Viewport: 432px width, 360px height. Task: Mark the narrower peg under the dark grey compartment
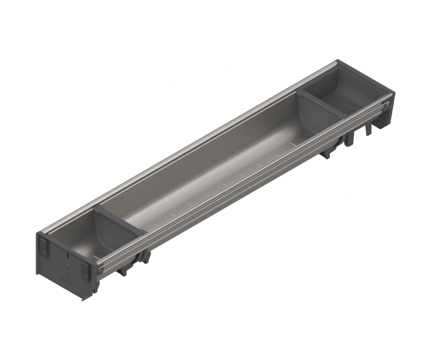pos(367,130)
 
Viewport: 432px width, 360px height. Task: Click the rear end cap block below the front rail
pos(384,121)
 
